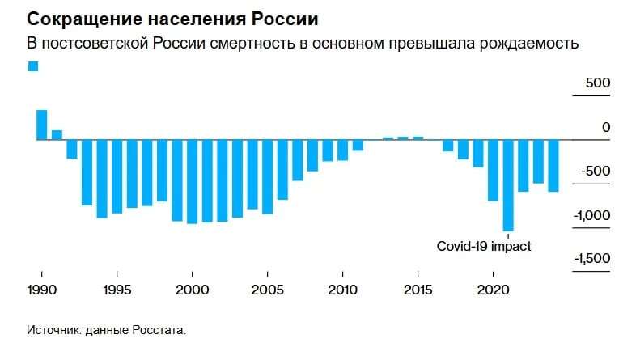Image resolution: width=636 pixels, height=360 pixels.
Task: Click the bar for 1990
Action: click(x=41, y=125)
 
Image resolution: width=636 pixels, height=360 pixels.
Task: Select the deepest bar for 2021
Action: click(x=508, y=185)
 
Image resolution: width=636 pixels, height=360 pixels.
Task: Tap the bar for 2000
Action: click(x=192, y=181)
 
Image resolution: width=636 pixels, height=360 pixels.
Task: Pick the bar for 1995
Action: click(x=117, y=176)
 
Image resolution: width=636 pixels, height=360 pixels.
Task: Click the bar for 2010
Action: click(x=342, y=150)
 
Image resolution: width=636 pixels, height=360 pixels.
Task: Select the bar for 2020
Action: click(x=493, y=170)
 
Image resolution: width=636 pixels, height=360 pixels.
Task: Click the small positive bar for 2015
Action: click(x=418, y=138)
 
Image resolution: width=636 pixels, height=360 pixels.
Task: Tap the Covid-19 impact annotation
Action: click(x=484, y=247)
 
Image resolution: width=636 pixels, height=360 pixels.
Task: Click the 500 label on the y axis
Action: click(x=599, y=83)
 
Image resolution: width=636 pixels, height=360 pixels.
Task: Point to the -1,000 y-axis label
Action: click(x=593, y=215)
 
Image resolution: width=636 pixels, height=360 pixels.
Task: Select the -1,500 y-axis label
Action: click(x=593, y=259)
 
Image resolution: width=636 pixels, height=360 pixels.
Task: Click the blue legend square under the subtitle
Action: click(x=33, y=66)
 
